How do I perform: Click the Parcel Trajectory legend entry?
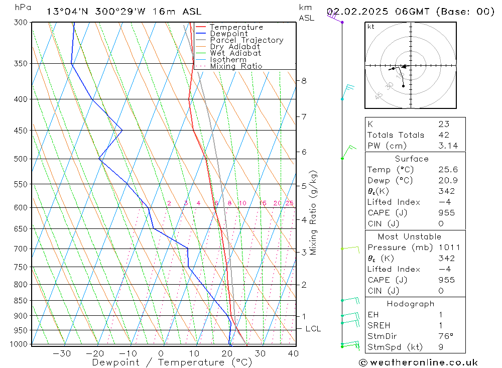[x=246, y=40]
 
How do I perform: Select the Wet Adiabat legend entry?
[x=235, y=53]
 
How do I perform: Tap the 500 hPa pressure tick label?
[x=22, y=159]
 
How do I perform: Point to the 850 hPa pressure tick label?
[x=22, y=301]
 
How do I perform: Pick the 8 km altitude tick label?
[x=304, y=80]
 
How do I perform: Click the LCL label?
[x=313, y=329]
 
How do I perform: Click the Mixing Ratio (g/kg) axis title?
[x=314, y=212]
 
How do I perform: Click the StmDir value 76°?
[x=445, y=336]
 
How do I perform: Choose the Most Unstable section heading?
[x=410, y=236]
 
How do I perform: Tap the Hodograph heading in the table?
[x=410, y=304]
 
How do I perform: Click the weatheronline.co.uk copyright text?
[x=418, y=362]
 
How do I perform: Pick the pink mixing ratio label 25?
[x=289, y=203]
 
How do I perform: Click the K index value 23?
[x=443, y=124]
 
